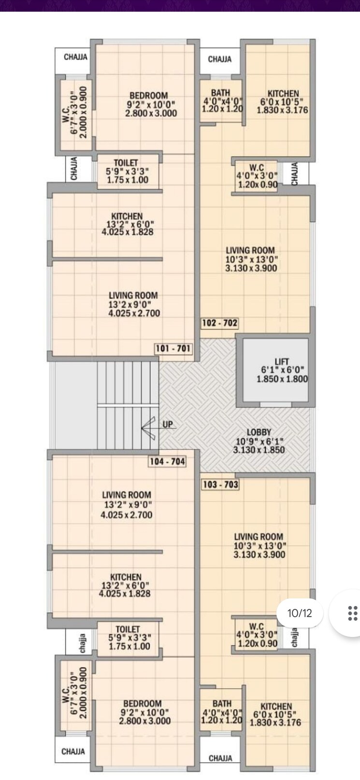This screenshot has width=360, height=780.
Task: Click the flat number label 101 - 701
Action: (173, 348)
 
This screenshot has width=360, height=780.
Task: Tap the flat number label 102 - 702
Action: (220, 323)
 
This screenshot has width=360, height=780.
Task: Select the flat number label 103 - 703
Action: (220, 484)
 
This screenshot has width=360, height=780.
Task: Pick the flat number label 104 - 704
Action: (167, 462)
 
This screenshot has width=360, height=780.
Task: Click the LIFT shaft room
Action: (275, 370)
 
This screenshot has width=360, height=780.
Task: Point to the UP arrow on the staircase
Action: (150, 428)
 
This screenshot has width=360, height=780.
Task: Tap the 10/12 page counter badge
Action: (300, 613)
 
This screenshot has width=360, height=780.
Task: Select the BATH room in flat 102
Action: (221, 101)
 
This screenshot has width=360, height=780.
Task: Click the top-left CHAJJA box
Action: (75, 58)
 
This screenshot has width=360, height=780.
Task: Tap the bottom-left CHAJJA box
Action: (73, 751)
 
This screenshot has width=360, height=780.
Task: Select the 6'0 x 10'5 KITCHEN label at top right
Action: (283, 101)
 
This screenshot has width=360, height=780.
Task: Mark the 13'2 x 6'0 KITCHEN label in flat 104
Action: (125, 585)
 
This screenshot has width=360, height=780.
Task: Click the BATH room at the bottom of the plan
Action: (221, 712)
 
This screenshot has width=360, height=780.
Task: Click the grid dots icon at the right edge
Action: (353, 613)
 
